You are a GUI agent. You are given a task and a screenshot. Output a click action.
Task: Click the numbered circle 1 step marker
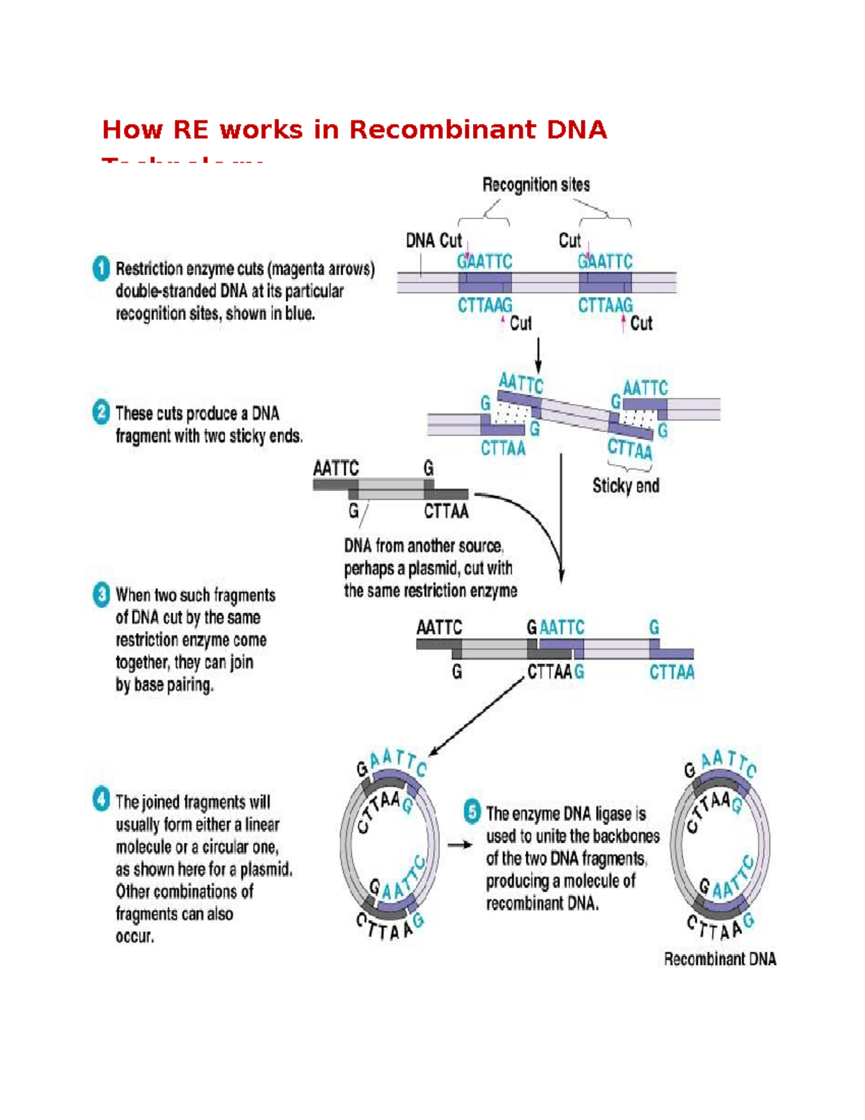pos(101,268)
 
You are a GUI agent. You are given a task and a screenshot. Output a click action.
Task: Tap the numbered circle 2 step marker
pos(101,413)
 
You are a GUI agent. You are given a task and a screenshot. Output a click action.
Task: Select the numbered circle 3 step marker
pos(101,595)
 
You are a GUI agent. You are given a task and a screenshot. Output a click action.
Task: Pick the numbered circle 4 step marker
pos(101,800)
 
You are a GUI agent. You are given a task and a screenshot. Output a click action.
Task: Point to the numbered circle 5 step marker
pos(471,811)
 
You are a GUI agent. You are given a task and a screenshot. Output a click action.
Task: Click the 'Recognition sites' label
pos(536,185)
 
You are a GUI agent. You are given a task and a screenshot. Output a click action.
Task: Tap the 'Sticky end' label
pos(625,485)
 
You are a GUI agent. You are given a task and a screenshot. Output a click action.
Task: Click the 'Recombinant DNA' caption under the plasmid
pos(719,958)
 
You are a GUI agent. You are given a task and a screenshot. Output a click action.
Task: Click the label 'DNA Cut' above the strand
pos(433,240)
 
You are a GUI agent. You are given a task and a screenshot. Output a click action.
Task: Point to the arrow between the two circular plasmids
pos(460,845)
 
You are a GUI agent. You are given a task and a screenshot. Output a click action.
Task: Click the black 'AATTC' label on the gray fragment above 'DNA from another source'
pos(335,468)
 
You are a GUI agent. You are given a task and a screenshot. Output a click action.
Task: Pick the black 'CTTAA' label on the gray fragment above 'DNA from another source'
pos(445,511)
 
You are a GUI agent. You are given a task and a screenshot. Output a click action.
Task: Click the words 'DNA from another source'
pos(423,545)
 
